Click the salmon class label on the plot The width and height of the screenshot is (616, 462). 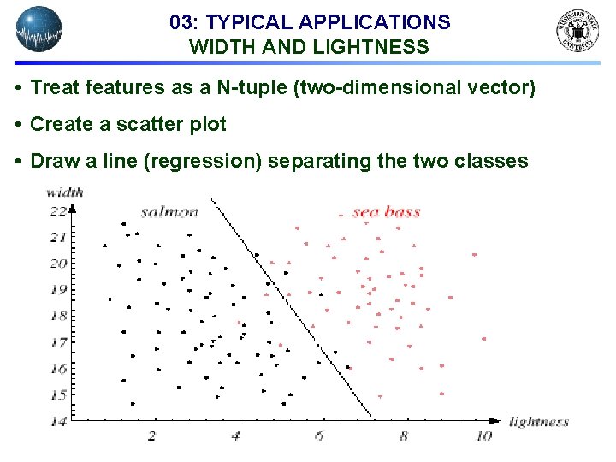169,211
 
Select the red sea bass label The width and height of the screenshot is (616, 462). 386,211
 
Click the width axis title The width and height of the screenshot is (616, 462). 64,192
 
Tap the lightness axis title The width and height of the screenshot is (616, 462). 538,421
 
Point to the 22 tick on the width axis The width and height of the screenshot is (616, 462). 57,210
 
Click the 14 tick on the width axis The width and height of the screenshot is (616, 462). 57,421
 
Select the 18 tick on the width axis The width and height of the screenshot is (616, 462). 57,316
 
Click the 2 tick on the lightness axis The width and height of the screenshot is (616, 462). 151,436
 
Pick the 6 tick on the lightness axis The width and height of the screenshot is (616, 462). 319,436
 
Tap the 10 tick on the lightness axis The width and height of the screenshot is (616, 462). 483,436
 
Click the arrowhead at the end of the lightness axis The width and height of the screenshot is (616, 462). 495,420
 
